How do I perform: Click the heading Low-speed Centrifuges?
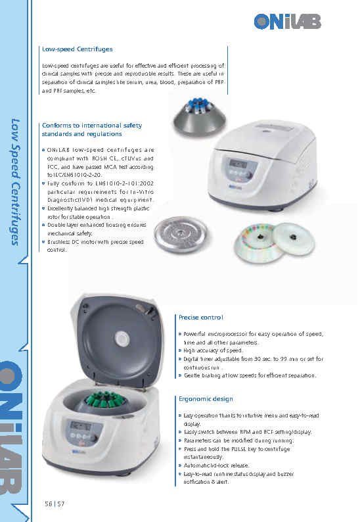point(77,49)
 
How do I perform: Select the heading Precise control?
point(201,318)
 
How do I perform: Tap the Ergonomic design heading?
point(206,399)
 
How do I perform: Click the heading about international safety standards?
point(91,130)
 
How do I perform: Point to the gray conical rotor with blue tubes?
point(201,118)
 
